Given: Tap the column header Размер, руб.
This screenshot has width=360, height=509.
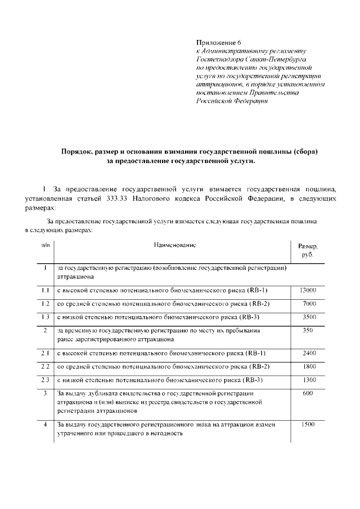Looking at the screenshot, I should (x=307, y=251).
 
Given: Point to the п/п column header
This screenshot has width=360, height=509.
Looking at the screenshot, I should (x=45, y=246).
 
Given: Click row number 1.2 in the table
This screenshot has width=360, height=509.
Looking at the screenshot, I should (x=46, y=304).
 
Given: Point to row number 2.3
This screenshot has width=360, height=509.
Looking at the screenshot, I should (x=46, y=380).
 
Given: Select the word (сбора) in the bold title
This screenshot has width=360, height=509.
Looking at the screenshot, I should (x=304, y=152).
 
